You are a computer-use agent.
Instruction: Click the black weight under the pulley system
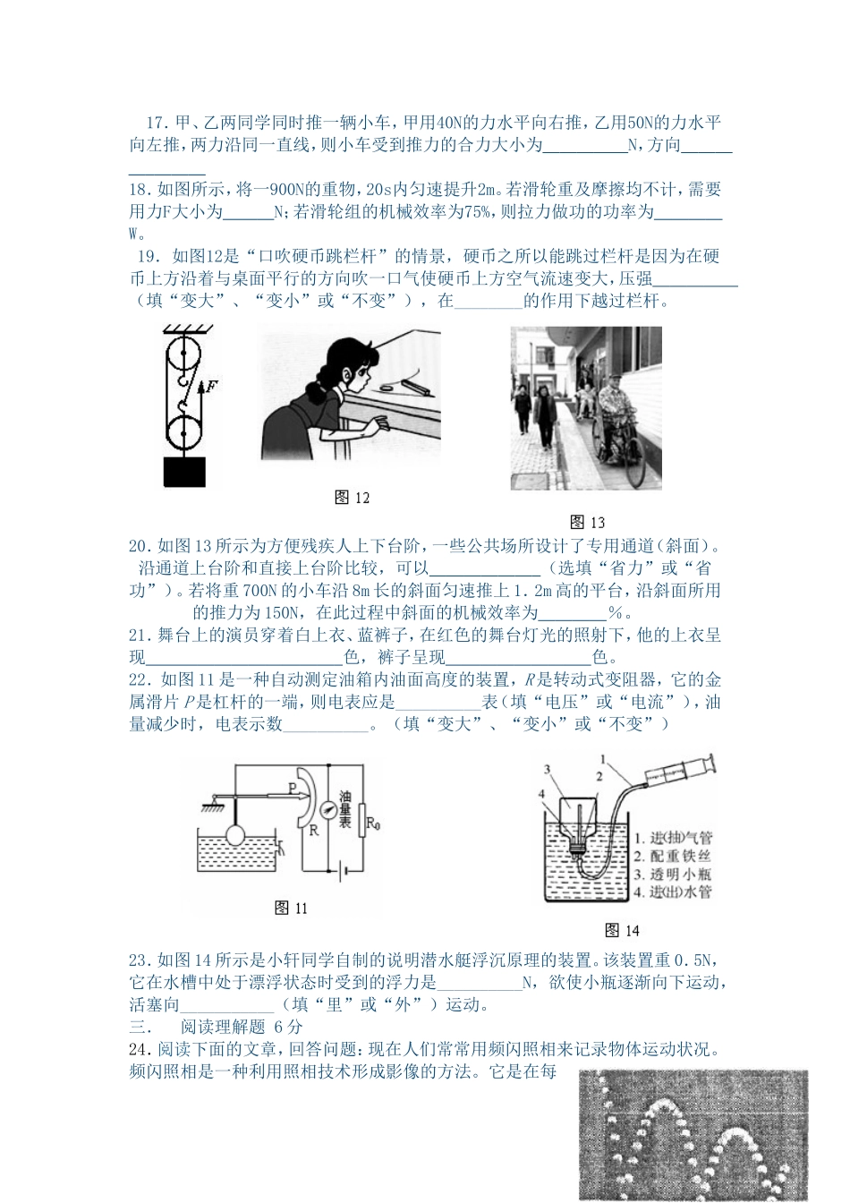183,472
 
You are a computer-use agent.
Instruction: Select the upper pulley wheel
184,354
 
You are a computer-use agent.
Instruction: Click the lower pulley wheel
184,431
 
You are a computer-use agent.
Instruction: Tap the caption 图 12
352,498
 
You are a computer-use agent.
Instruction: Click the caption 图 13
588,522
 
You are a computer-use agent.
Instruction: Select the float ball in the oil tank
236,835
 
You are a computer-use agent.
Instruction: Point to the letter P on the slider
293,787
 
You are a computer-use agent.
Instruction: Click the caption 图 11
291,909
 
